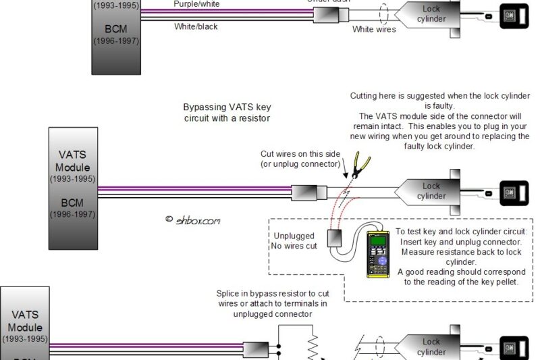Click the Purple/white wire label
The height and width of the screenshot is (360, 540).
(x=196, y=4)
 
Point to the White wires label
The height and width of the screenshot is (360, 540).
(x=373, y=30)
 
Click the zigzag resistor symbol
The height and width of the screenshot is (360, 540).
(x=313, y=348)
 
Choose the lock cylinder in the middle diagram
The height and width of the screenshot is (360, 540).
(x=431, y=191)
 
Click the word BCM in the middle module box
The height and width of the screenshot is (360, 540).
(x=72, y=202)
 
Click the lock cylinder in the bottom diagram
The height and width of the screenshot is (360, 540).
(x=431, y=347)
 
